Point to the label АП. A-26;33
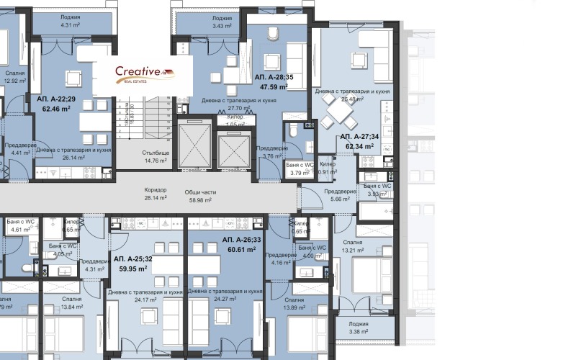(x=242, y=240)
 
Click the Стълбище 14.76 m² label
(x=156, y=157)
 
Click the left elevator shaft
(x=192, y=145)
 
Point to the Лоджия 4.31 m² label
(x=71, y=21)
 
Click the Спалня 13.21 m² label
(x=352, y=246)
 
